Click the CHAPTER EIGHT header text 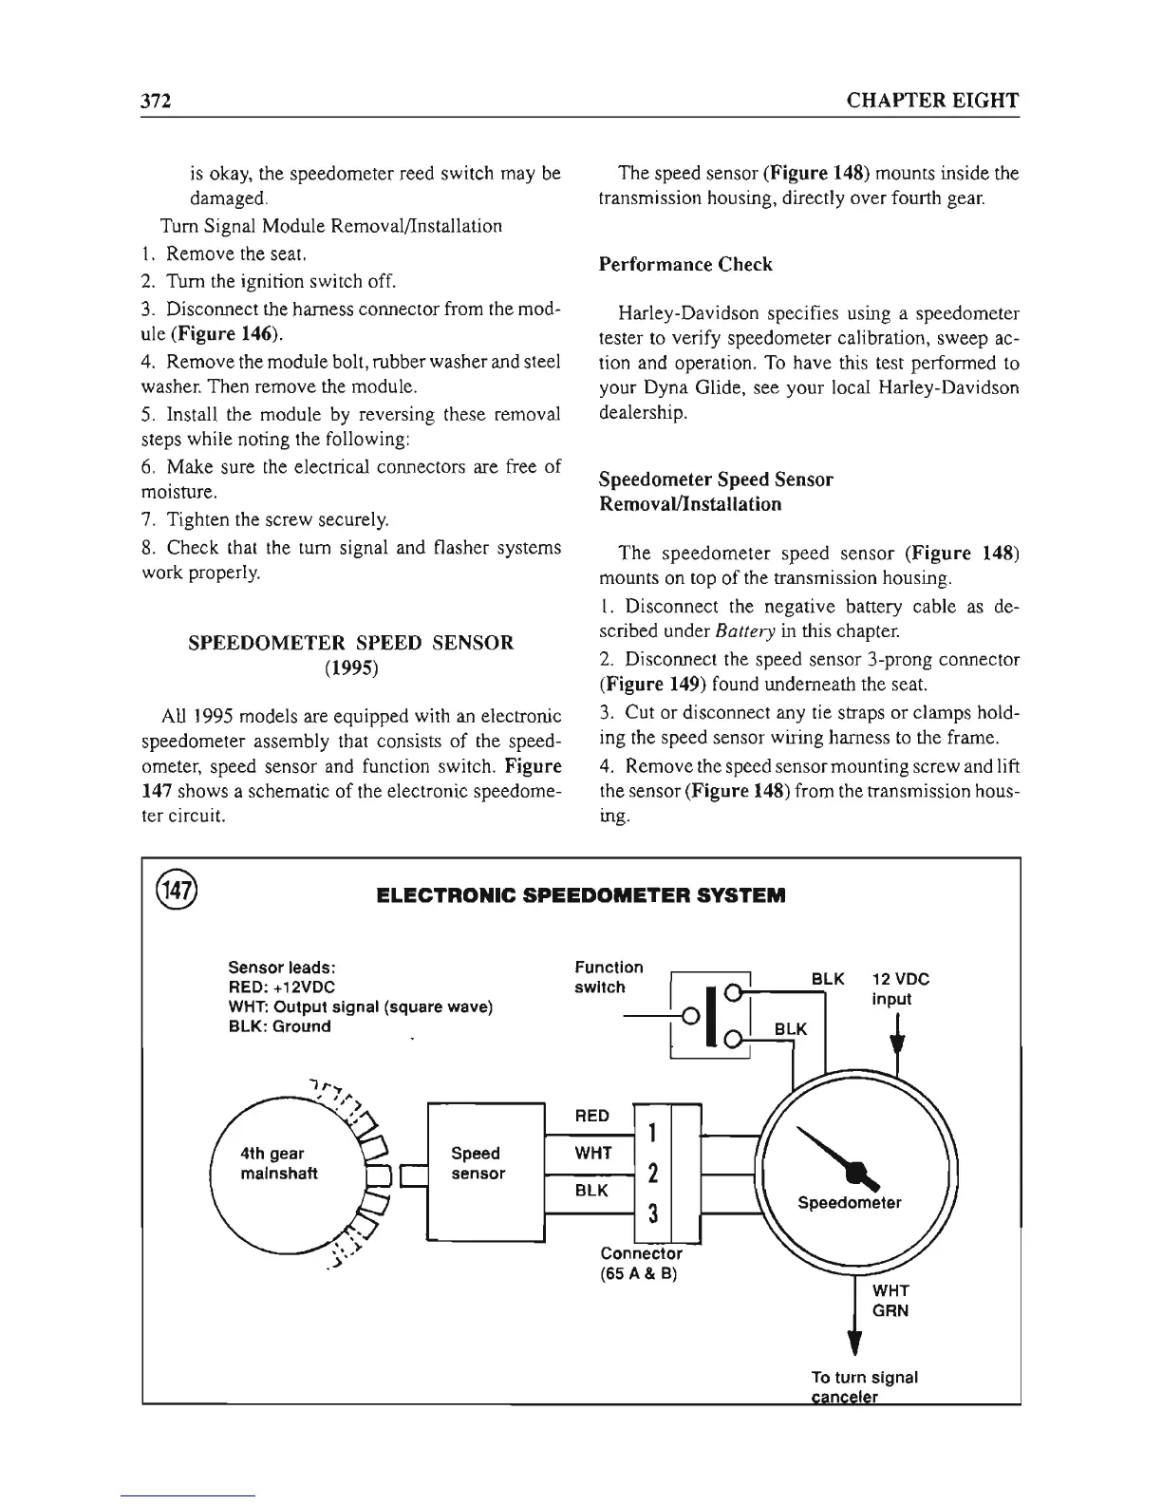click(x=932, y=102)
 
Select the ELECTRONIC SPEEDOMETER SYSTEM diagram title click(x=581, y=895)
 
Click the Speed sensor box click(x=478, y=1164)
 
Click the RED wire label click(x=592, y=1116)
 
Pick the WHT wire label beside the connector click(x=593, y=1154)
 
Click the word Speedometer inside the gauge click(x=850, y=1203)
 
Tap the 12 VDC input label click(x=900, y=988)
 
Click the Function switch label click(x=609, y=977)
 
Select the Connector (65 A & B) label click(x=641, y=1264)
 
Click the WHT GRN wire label click(x=890, y=1301)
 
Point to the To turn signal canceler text click(x=864, y=1386)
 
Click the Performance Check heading click(x=685, y=264)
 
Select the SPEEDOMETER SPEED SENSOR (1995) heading click(x=351, y=655)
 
